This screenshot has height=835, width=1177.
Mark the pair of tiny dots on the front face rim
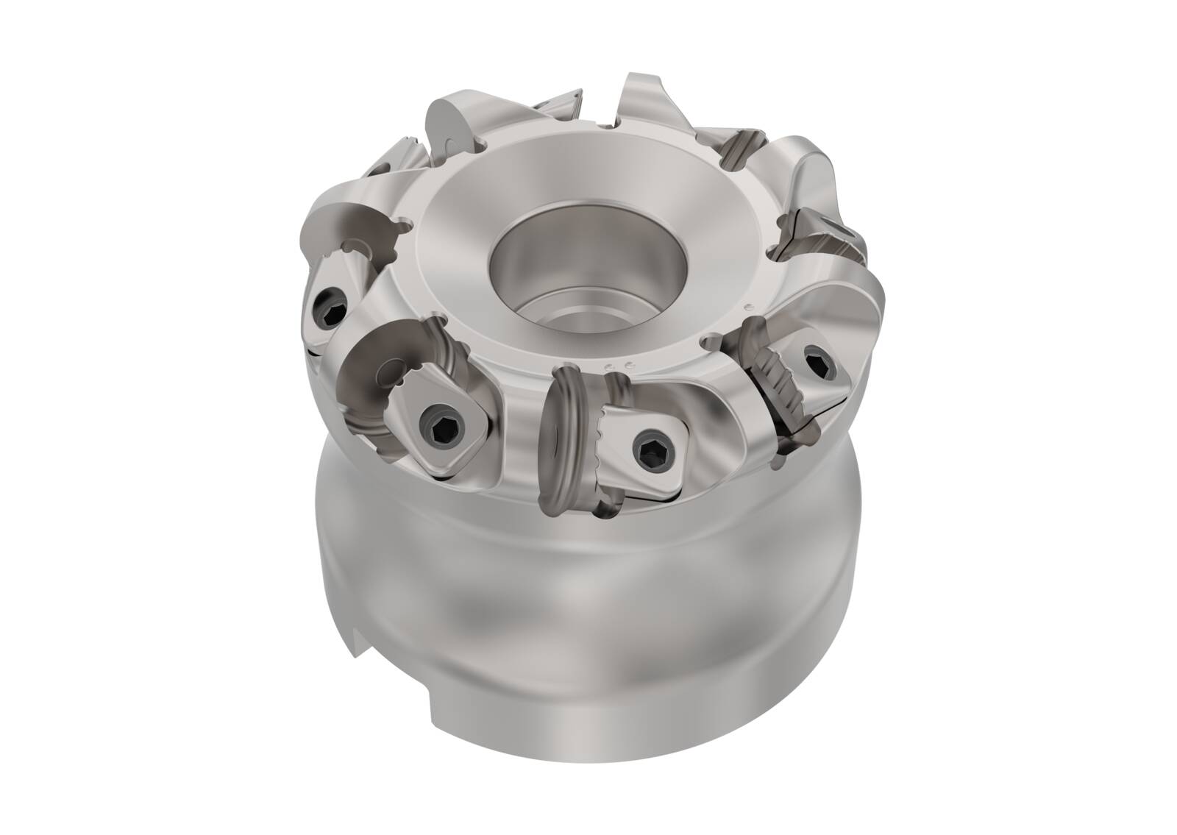pos(617,366)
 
